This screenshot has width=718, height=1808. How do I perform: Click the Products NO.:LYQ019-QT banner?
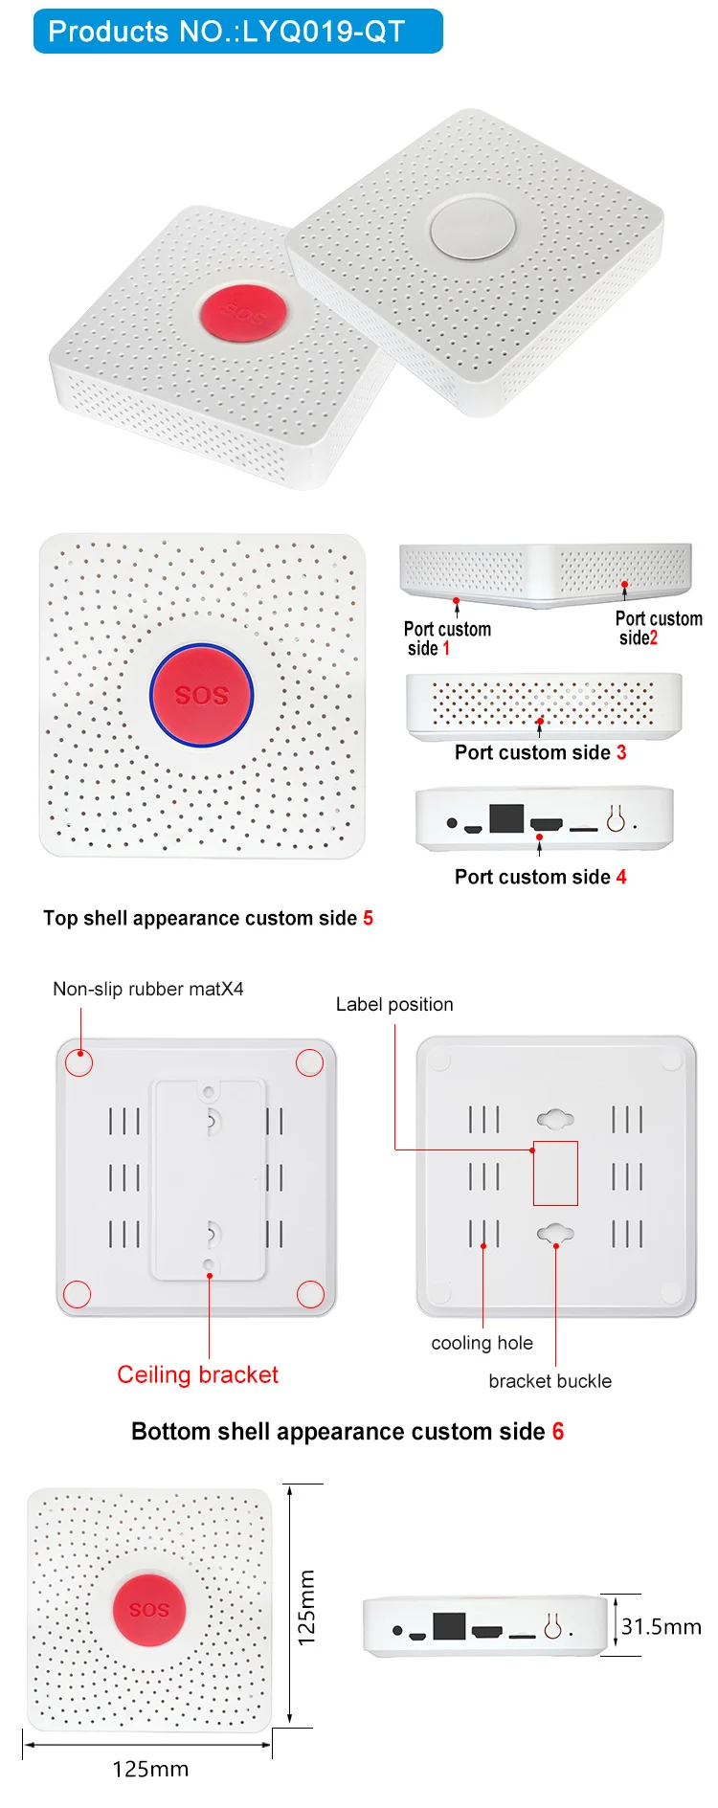[237, 32]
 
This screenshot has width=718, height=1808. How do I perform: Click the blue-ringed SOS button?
[202, 695]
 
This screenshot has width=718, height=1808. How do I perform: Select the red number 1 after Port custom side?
[445, 649]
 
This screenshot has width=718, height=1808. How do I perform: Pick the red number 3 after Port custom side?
[621, 752]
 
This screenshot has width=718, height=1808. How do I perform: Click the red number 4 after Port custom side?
[621, 877]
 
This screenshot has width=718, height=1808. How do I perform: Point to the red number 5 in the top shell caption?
[368, 919]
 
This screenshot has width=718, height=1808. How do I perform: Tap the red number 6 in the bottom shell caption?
[557, 1432]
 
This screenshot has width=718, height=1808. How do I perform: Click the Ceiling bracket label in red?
[197, 1374]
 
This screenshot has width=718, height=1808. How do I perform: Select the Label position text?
[394, 1004]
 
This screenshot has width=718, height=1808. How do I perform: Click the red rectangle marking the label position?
[555, 1172]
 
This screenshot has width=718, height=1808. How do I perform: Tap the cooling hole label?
[482, 1343]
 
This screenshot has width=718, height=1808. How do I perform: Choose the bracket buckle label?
[550, 1381]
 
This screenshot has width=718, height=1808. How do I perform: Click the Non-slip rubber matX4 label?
[148, 989]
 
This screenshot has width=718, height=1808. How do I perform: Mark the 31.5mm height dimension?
[661, 1626]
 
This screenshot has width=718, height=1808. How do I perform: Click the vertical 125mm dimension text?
[306, 1608]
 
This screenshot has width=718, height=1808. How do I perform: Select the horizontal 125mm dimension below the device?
[150, 1769]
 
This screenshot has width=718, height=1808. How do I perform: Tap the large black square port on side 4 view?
[506, 818]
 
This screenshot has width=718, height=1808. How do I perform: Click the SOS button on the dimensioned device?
[148, 1610]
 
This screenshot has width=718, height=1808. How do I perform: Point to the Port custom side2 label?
[658, 628]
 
